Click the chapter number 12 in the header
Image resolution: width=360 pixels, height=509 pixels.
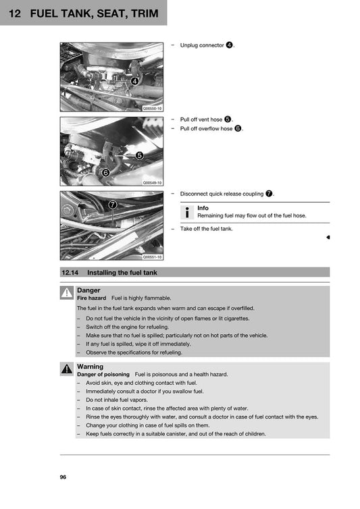(14, 14)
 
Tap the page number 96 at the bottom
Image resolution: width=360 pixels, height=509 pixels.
(63, 477)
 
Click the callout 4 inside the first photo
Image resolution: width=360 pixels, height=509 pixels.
(134, 81)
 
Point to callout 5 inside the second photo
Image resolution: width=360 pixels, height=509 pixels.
(139, 155)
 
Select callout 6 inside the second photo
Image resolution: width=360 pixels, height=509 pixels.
(105, 173)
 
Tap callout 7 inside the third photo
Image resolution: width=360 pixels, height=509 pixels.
(112, 204)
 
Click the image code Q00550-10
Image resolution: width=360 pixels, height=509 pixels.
(152, 108)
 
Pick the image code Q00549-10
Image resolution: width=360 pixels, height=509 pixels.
(152, 182)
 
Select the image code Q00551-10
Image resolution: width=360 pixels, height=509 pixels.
(152, 257)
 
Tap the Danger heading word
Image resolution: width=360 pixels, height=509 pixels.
(88, 290)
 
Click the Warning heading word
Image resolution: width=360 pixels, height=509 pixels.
(91, 367)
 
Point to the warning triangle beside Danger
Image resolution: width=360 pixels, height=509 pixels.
(67, 293)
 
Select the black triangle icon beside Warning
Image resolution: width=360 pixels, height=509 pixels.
(67, 369)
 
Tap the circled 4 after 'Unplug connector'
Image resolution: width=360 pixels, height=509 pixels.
(230, 45)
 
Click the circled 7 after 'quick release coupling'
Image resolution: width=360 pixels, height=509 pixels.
(269, 194)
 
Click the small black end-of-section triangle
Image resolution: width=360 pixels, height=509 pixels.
(328, 238)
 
